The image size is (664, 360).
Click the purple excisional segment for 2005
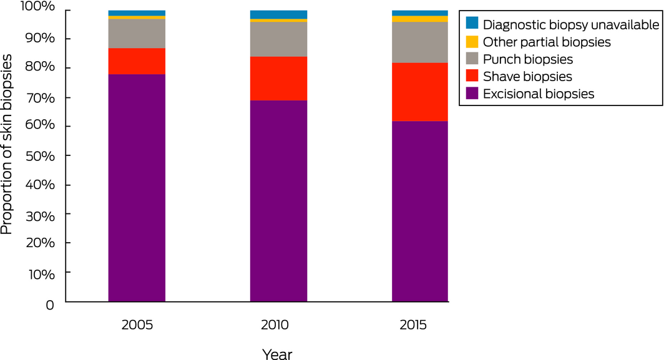[137, 187]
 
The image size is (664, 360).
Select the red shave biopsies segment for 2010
[278, 79]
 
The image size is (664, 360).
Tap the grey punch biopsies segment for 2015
[419, 42]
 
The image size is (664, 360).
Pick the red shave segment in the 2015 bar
[419, 92]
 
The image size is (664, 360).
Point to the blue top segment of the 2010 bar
[278, 14]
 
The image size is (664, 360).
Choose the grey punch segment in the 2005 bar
[137, 34]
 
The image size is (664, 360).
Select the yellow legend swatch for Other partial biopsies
[472, 42]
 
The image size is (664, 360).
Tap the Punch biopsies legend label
[528, 59]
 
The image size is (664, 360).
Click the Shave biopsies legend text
[527, 76]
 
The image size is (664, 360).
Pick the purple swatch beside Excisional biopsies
[472, 94]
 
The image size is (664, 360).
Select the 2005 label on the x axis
[137, 326]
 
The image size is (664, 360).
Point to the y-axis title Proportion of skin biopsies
[7, 144]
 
